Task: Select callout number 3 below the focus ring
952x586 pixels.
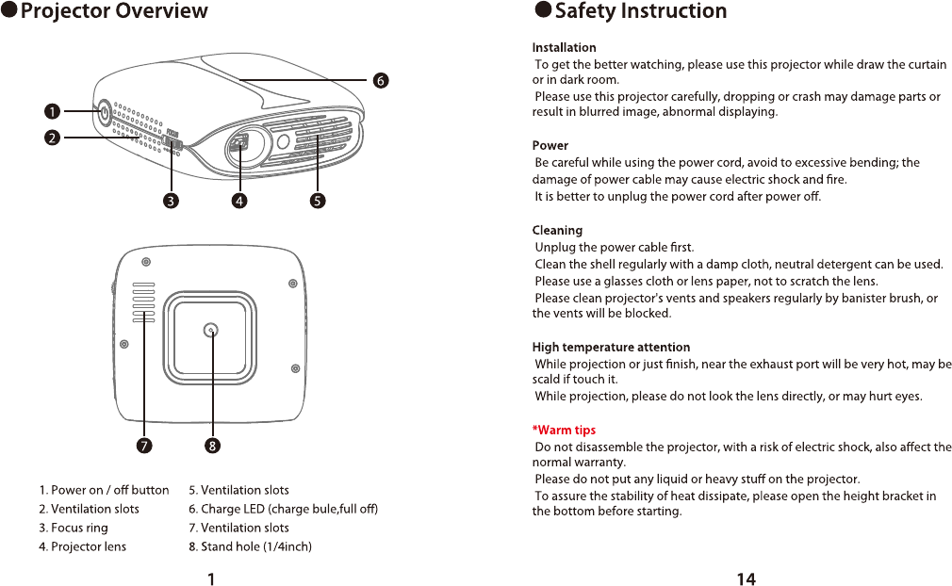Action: click(171, 201)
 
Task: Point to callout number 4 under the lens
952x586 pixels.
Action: click(239, 201)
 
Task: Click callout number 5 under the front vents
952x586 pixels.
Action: click(318, 201)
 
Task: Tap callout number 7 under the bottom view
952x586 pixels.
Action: click(144, 446)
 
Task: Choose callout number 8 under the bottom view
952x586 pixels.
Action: click(213, 446)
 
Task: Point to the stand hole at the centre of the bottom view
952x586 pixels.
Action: click(211, 330)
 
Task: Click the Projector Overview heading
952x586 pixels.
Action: click(113, 11)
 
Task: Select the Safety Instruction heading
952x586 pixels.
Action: click(640, 11)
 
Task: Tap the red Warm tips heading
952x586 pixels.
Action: click(564, 431)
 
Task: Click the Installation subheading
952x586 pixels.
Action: click(564, 47)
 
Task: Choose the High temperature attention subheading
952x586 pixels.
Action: click(611, 348)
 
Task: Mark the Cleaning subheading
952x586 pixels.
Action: click(557, 230)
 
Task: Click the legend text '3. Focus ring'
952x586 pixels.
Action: click(74, 528)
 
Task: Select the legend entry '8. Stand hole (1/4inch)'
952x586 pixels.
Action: click(250, 546)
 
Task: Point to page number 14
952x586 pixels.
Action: click(746, 579)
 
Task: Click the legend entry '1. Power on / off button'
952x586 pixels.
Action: click(104, 490)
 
